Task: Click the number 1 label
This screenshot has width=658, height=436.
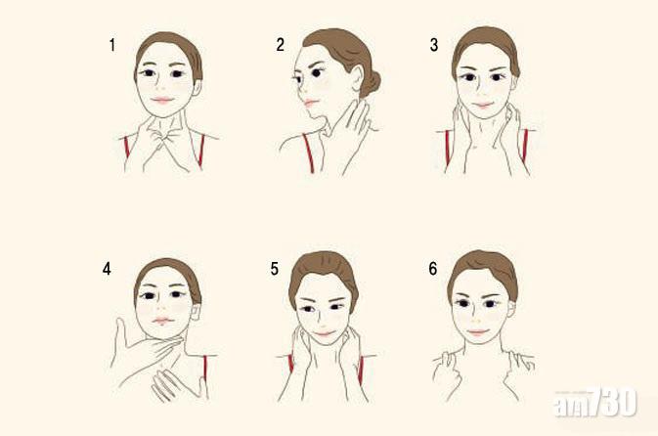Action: (112, 45)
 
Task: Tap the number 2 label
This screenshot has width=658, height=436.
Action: (281, 45)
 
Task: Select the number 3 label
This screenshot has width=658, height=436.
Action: (434, 45)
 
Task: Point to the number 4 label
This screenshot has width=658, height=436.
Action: (107, 269)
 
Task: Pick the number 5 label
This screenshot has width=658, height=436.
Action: (275, 269)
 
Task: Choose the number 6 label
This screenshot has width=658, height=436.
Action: (433, 269)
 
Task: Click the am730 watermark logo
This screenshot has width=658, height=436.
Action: (595, 403)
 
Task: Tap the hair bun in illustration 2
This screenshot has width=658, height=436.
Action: (371, 84)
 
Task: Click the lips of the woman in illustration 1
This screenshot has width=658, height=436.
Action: (162, 101)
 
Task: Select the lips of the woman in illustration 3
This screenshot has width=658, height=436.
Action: (483, 105)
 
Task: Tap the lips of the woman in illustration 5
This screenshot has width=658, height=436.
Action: (324, 333)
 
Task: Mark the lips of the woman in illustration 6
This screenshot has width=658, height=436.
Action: (478, 332)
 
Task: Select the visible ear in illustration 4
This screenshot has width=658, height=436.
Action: (196, 312)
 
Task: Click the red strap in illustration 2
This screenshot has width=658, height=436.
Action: (308, 153)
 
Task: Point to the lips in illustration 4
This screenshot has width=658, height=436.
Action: (163, 322)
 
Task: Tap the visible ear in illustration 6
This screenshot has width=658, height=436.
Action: (511, 309)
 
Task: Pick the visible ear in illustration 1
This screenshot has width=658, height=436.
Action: (197, 88)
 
